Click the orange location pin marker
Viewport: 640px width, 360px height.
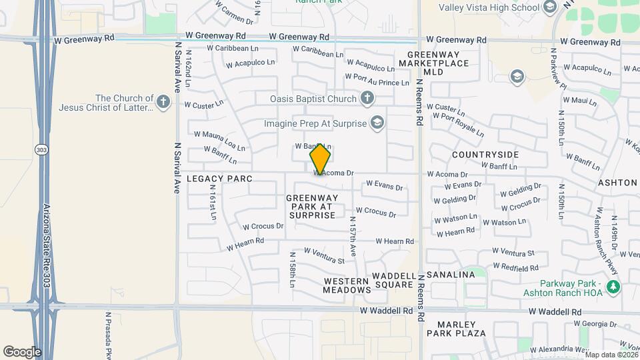321,159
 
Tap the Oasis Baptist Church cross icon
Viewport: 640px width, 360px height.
366,99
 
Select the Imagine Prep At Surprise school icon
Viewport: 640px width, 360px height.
377,123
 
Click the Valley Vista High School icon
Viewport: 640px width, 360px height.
550,7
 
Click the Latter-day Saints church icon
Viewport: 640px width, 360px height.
164,102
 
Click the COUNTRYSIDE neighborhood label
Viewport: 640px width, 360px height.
485,155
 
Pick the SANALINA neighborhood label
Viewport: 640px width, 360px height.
451,275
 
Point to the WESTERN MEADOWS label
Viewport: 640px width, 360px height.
347,285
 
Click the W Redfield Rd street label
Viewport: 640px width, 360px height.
515,267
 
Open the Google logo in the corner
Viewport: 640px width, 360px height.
22,351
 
